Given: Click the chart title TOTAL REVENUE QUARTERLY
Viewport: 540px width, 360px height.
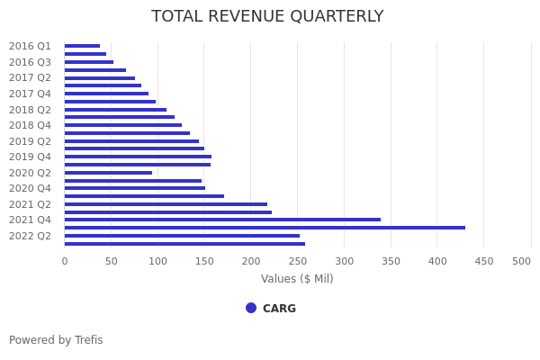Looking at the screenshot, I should [x=267, y=17].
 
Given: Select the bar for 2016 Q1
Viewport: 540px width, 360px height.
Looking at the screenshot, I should [x=82, y=46].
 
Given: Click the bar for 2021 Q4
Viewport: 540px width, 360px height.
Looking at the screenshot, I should [x=222, y=220].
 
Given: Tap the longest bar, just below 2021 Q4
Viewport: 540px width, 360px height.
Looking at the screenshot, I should [x=265, y=228].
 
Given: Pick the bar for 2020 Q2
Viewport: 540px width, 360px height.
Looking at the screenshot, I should [x=108, y=173].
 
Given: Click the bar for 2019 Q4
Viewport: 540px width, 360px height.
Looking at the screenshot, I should [x=138, y=157].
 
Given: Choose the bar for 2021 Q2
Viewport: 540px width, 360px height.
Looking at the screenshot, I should [x=166, y=204].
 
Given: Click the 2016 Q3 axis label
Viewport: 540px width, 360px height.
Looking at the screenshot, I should [x=30, y=62].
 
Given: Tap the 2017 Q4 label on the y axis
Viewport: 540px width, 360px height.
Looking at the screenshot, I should [x=30, y=94].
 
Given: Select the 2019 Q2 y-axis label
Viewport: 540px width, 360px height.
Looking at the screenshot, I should [x=30, y=141].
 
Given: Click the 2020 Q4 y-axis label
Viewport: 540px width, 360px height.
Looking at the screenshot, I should [x=30, y=188].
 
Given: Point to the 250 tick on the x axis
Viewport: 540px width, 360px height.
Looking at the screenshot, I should [x=297, y=261].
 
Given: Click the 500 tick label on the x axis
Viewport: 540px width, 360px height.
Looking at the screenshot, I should [x=522, y=261].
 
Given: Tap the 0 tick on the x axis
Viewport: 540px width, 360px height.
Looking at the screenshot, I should [x=65, y=261].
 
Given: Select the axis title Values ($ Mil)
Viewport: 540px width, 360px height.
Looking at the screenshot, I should [x=297, y=279].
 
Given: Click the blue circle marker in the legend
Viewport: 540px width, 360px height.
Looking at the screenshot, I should [x=251, y=308].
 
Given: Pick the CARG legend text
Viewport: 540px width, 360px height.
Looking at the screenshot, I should [x=279, y=309].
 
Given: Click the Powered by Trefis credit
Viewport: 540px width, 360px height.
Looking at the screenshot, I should [x=56, y=340].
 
